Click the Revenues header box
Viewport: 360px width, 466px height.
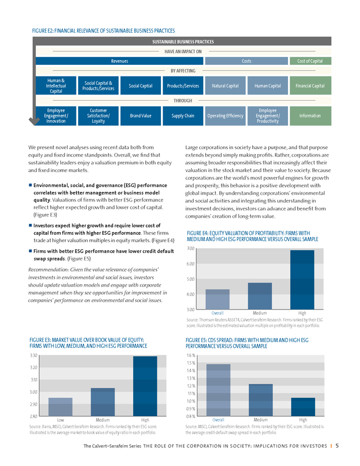(x=119, y=61)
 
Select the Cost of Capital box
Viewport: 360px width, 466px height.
(x=309, y=61)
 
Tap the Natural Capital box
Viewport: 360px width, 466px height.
(x=225, y=86)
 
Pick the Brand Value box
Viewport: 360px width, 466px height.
(x=141, y=116)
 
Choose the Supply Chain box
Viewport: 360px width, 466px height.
(x=183, y=116)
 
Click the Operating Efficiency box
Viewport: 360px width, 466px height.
(x=225, y=116)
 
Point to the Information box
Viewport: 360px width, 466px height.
(x=310, y=116)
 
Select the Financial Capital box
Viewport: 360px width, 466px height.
(x=310, y=86)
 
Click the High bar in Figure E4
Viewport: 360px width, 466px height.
(x=302, y=280)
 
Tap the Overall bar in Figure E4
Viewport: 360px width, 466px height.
(x=217, y=299)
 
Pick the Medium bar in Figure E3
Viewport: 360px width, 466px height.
(x=102, y=402)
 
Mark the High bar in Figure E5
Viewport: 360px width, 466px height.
(x=303, y=407)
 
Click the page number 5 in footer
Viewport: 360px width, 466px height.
(x=337, y=446)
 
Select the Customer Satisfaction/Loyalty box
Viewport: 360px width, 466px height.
(x=98, y=116)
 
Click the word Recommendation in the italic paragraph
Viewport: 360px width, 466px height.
(x=47, y=270)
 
